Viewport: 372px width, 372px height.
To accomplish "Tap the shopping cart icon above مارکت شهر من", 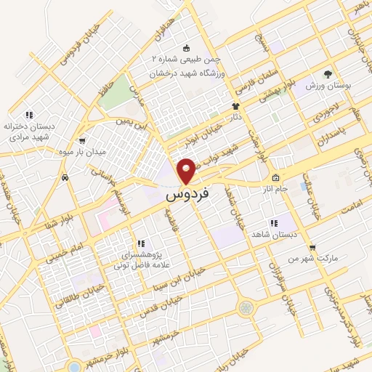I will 312,247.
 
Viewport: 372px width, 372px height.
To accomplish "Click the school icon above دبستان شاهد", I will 273,223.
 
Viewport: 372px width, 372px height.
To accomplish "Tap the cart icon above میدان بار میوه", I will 81,141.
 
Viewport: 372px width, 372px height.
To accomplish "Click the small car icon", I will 65,177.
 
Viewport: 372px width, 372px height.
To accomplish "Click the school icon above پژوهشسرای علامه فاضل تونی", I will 142,243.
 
